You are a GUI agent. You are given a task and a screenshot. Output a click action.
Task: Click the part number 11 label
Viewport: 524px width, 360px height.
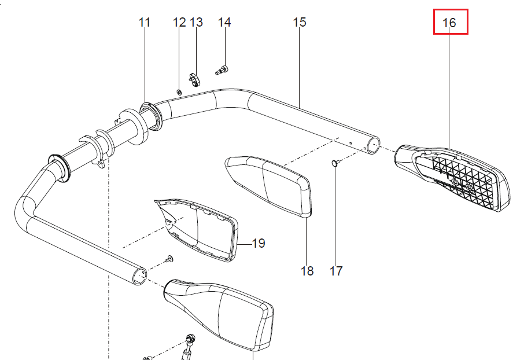coord(145,23)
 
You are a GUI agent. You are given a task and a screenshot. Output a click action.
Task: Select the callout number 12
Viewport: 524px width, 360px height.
coord(179,23)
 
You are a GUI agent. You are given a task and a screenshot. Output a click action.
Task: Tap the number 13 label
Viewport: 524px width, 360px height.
coord(197,23)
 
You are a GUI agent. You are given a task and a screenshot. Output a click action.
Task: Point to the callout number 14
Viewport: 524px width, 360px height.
coord(224,23)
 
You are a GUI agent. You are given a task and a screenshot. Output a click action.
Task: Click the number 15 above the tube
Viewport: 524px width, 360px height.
coord(299,23)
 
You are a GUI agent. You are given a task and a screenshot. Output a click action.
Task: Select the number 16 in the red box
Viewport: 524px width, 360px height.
coord(450,24)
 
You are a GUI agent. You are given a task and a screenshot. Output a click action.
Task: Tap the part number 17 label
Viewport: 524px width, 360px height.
coord(336,270)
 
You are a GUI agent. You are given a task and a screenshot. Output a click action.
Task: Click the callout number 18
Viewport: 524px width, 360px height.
coord(307,270)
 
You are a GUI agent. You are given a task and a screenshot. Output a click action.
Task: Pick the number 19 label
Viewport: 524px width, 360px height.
coord(259,243)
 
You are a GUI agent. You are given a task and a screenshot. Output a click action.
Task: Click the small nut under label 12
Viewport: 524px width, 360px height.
coord(179,91)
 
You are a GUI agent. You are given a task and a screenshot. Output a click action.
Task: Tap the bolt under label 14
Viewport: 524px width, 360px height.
coord(222,71)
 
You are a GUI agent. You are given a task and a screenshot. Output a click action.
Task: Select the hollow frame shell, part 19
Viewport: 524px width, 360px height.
coord(200,229)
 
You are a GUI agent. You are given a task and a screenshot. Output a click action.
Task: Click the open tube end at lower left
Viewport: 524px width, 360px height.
coord(139,275)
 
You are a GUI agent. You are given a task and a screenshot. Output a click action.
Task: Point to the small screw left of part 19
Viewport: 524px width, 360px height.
coord(171,258)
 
